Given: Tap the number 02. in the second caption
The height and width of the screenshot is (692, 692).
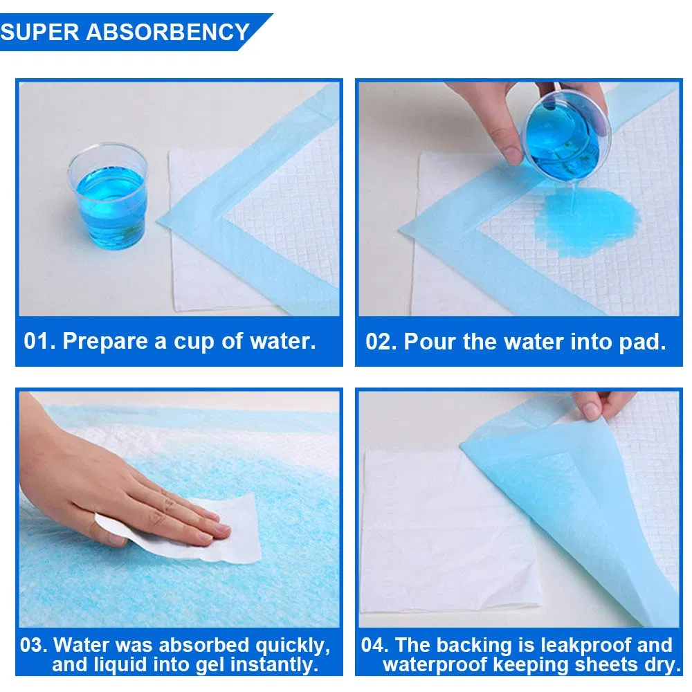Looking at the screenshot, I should point(381,341).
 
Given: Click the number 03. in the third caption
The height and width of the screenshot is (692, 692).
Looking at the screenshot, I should point(34,645).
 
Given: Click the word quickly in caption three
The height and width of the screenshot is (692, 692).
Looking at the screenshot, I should point(289,646).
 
